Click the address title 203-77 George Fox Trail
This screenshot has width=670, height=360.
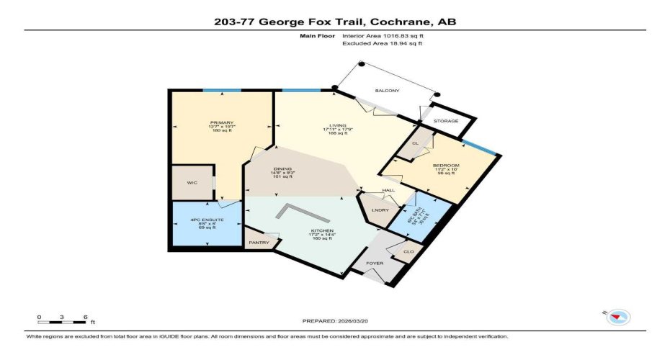335,22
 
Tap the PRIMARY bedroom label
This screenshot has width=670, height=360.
217,122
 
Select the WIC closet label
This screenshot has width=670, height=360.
192,183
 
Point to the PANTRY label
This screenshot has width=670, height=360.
259,243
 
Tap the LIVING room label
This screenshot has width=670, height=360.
334,127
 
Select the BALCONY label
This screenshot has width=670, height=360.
387,91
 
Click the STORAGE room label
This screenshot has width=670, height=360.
446,121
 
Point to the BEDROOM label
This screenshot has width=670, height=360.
445,164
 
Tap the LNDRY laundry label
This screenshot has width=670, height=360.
380,210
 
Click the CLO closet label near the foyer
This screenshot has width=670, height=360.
408,251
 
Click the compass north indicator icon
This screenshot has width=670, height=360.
619,316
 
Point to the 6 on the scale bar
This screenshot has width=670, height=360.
85,317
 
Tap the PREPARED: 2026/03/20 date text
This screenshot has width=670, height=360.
335,322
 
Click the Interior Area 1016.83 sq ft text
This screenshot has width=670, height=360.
382,35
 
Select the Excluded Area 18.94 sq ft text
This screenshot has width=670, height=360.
382,43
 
